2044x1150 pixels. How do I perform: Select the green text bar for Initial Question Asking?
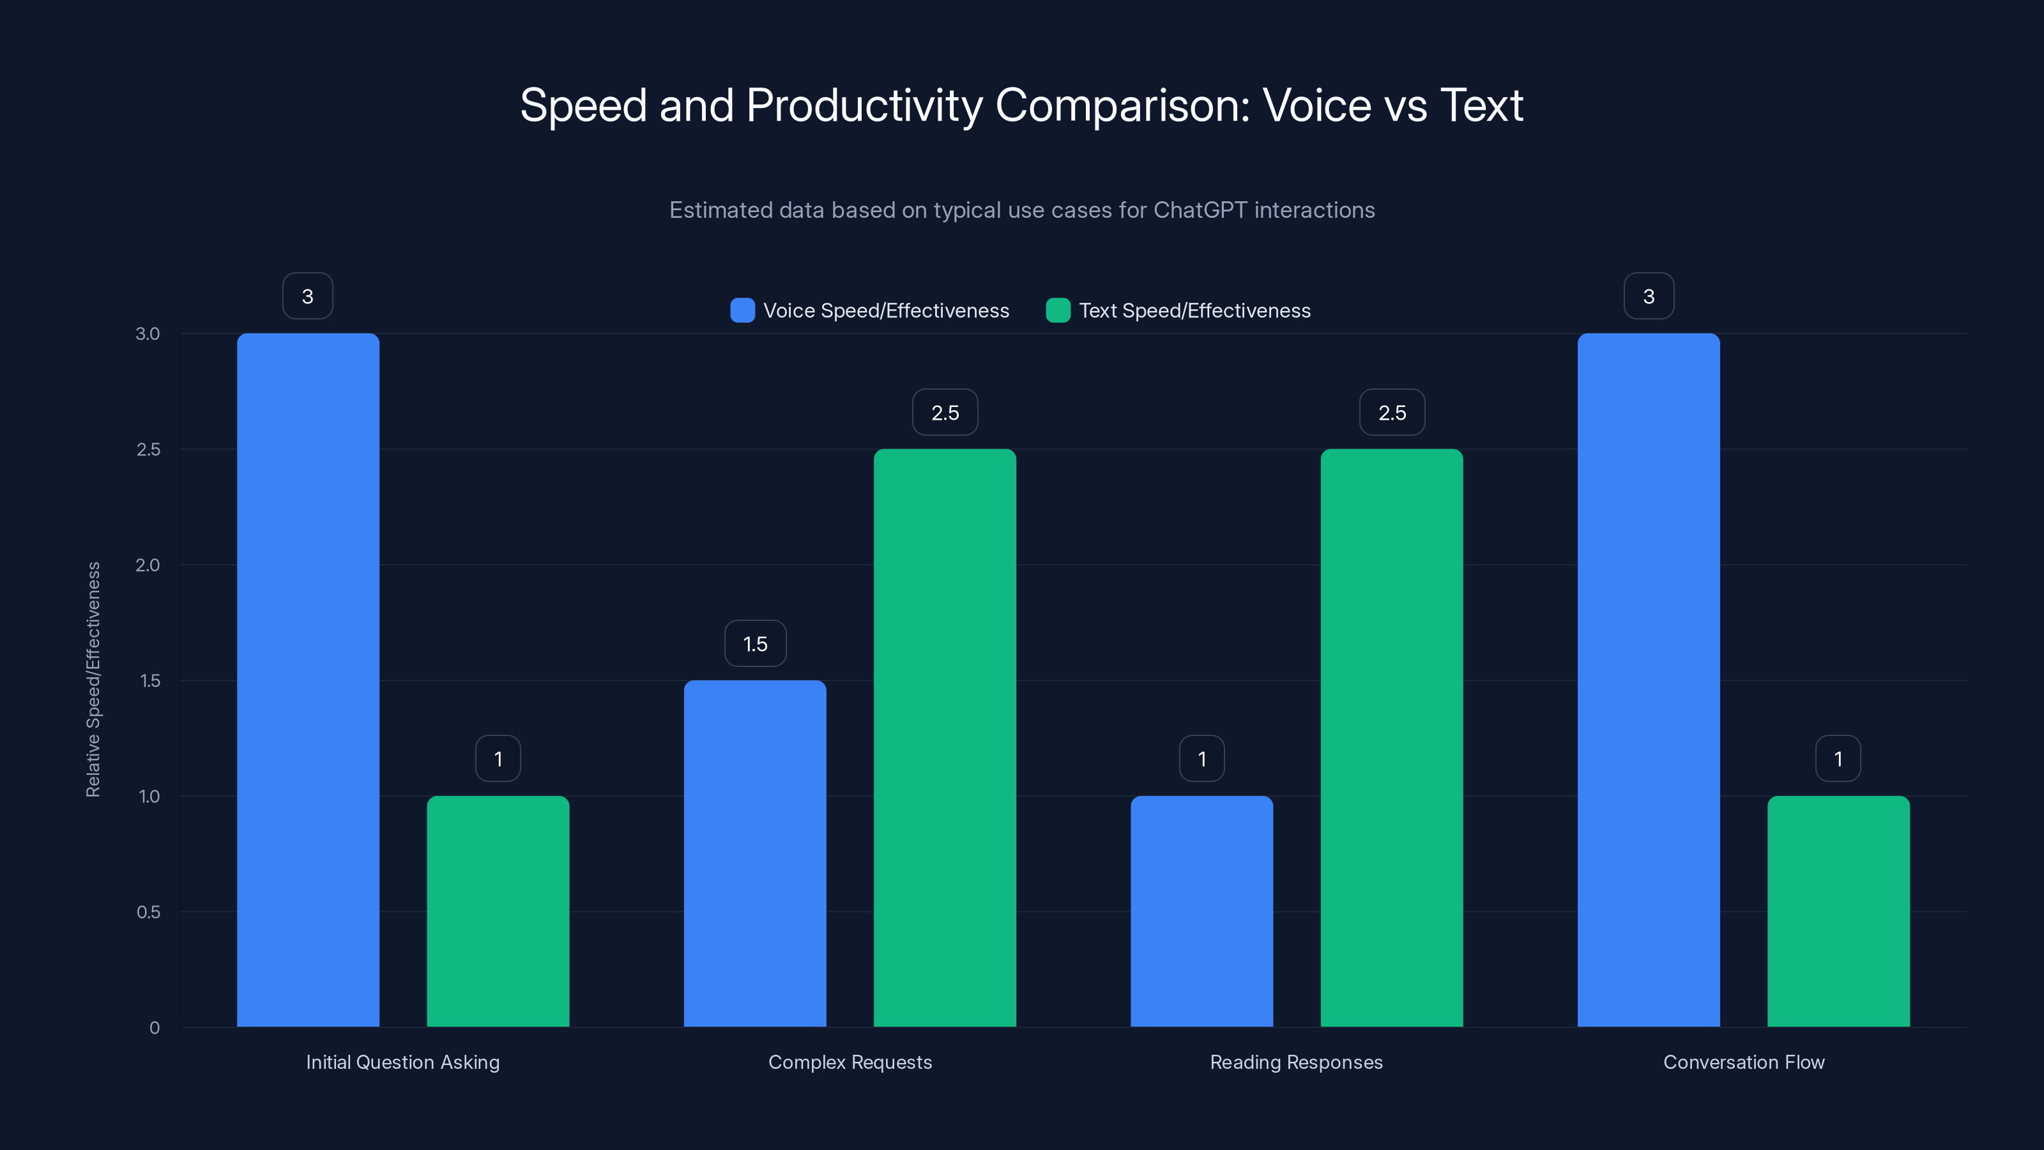498,911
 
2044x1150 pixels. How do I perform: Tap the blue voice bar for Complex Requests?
754,853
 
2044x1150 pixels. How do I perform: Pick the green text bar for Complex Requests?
944,738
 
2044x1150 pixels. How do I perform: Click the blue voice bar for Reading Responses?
1201,911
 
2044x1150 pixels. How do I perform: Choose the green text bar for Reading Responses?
1391,738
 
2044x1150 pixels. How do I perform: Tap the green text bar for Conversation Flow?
1838,911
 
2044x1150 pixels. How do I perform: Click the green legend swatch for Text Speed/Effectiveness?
1058,310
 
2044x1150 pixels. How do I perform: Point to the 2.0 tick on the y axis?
148,565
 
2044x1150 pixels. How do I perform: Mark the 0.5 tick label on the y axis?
148,912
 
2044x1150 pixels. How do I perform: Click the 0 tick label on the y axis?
155,1028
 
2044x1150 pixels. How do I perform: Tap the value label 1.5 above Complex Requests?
754,643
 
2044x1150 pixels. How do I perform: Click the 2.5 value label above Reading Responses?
1392,413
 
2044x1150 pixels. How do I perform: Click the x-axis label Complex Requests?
850,1062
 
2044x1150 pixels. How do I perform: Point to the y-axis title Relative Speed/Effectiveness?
94,679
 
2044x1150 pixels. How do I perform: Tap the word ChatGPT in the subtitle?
1200,210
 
